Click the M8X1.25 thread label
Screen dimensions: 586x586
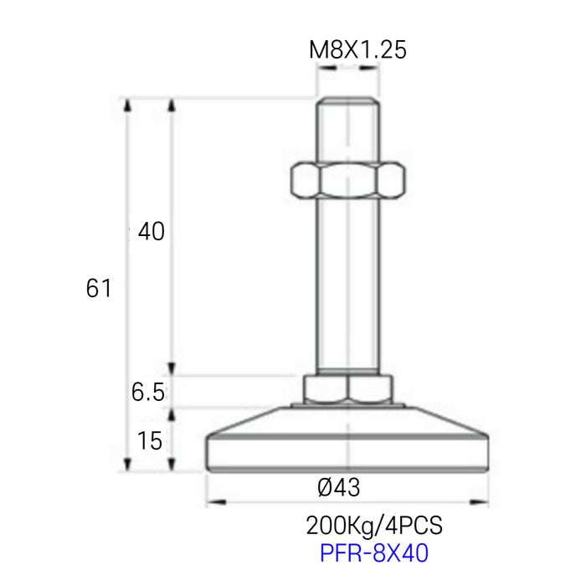[357, 50]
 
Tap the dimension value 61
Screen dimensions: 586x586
[98, 289]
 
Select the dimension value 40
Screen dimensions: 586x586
[151, 232]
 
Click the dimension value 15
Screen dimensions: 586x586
[150, 441]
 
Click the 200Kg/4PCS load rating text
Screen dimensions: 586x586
[373, 527]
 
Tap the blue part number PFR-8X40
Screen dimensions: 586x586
[373, 553]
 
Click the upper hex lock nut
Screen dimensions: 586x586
[347, 179]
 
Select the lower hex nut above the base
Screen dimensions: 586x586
[347, 388]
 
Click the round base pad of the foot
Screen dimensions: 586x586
[347, 448]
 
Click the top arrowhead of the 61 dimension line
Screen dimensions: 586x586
[128, 104]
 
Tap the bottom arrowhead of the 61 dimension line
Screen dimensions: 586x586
[128, 466]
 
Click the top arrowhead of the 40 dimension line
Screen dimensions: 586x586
[172, 104]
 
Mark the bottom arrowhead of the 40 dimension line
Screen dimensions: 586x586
[172, 369]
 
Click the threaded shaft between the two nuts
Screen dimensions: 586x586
[347, 285]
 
